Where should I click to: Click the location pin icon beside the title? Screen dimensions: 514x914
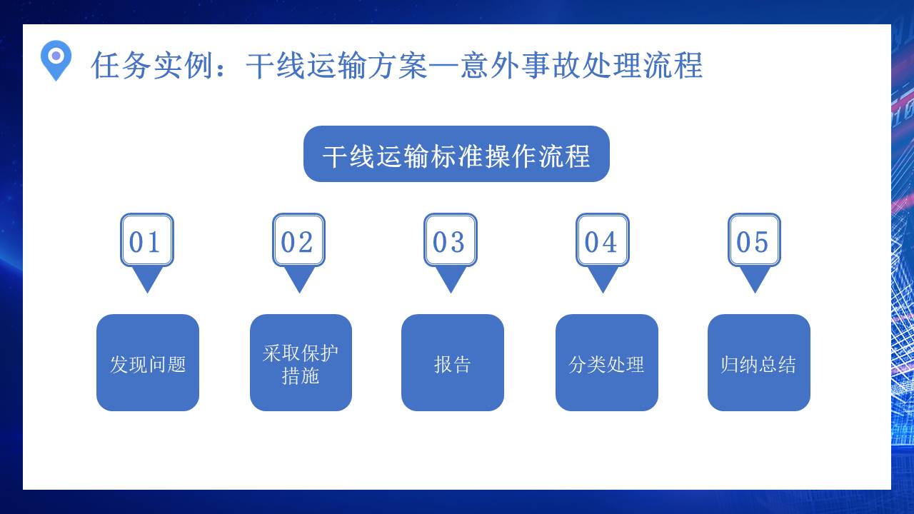pos(56,59)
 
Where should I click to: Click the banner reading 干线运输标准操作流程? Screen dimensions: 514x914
pos(456,154)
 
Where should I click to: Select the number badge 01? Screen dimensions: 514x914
pos(146,241)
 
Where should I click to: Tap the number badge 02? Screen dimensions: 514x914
pos(298,241)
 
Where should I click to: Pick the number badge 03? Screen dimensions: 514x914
pos(450,241)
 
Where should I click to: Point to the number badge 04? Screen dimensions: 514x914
pos(602,241)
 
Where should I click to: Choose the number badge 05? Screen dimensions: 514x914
pos(754,241)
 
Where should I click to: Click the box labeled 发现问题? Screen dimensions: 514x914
pos(148,363)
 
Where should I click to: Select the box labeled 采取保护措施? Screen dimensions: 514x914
pos(301,363)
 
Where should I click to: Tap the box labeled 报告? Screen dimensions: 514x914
pos(453,363)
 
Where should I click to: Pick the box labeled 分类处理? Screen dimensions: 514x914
pos(606,363)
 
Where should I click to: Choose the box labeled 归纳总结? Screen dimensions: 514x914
pos(758,363)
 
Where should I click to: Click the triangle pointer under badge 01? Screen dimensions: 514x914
pos(148,278)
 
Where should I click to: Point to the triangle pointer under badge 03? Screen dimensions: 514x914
pos(451,278)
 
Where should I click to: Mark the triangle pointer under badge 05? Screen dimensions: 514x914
pos(755,278)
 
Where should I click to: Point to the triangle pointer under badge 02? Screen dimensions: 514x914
pos(299,278)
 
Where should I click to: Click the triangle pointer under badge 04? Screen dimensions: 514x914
pos(603,278)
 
